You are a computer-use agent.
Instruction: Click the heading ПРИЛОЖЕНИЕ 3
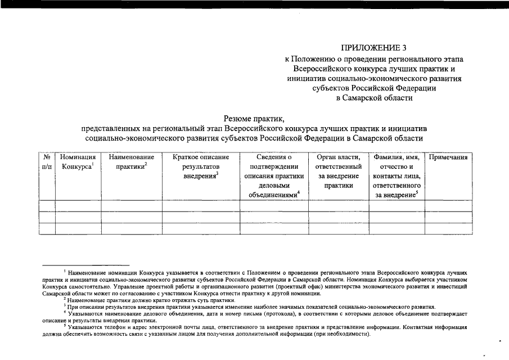[x=374, y=48]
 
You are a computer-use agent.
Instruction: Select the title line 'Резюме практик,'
[x=254, y=118]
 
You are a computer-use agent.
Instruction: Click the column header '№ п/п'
[x=47, y=162]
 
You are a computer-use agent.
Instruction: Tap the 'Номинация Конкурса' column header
[x=78, y=162]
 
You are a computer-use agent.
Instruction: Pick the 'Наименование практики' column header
[x=132, y=162]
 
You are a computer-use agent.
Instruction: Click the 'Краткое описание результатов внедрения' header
[x=201, y=166]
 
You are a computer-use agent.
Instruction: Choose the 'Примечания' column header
[x=448, y=157]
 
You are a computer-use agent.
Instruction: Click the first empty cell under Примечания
[x=448, y=206]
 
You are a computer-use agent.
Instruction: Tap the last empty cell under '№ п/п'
[x=47, y=228]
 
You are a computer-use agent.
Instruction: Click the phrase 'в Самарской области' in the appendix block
[x=374, y=98]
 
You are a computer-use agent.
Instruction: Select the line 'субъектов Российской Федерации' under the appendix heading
[x=374, y=88]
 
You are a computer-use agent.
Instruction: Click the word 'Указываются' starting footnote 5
[x=85, y=327]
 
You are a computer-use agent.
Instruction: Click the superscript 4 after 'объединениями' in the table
[x=299, y=193]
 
